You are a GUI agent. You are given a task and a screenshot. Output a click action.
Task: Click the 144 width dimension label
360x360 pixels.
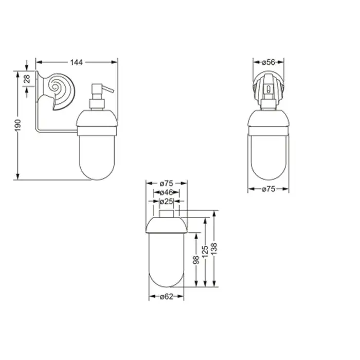pos(76,62)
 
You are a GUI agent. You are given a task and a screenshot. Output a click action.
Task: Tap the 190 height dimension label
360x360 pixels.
pos(18,125)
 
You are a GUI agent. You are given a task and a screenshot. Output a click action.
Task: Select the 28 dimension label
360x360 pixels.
pos(27,79)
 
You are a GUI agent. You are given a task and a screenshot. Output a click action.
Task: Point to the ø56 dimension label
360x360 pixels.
pos(268,62)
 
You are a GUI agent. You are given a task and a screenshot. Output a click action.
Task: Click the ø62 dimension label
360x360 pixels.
pos(167,297)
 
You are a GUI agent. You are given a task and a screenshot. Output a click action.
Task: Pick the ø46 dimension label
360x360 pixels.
pos(167,192)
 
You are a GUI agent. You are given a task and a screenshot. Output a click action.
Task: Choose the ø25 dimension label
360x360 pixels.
pos(167,202)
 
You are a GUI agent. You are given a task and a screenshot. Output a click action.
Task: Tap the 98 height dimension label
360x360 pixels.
pos(196,260)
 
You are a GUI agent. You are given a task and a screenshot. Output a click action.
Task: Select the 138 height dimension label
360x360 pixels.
pos(214,248)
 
